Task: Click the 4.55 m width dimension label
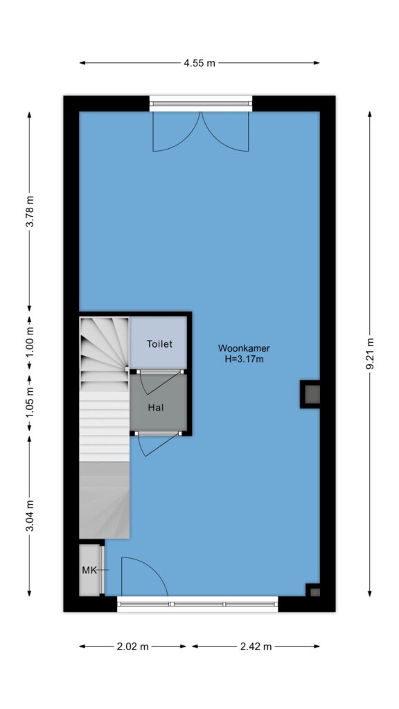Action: click(199, 63)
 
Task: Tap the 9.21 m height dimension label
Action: click(370, 354)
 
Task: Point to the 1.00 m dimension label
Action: click(30, 341)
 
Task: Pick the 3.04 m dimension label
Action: click(30, 516)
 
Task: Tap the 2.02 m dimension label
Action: click(132, 647)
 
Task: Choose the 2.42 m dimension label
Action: click(256, 647)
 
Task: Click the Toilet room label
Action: click(159, 344)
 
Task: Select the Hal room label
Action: click(156, 407)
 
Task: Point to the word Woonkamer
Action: click(244, 348)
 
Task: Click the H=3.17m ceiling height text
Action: click(244, 360)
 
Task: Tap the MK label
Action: click(89, 571)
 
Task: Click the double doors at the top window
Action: click(200, 131)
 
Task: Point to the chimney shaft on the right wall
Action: click(310, 394)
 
